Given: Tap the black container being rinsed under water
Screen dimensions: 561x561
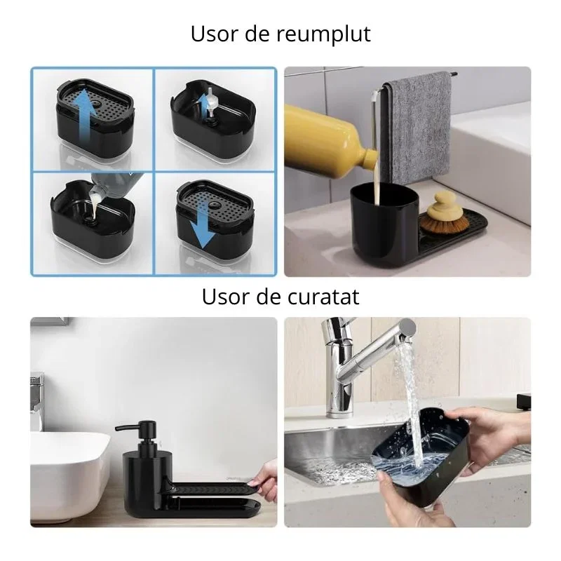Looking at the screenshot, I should [421, 456].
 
